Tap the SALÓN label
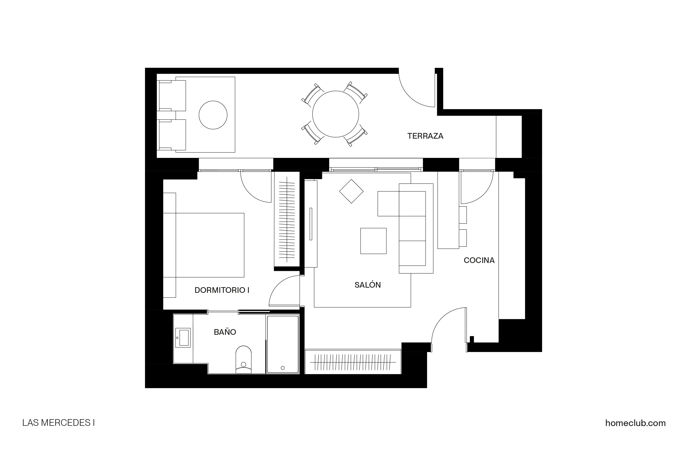coord(367,285)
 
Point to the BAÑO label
coord(225,332)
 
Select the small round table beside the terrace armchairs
coord(213,115)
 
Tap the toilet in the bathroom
coord(243,359)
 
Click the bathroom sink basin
coord(184,337)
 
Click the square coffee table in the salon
coord(373,241)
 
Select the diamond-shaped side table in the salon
coord(351,191)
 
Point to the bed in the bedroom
coord(210,245)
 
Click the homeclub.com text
coord(635,423)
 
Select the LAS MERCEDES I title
coord(58,423)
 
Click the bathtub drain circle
coord(283,368)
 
